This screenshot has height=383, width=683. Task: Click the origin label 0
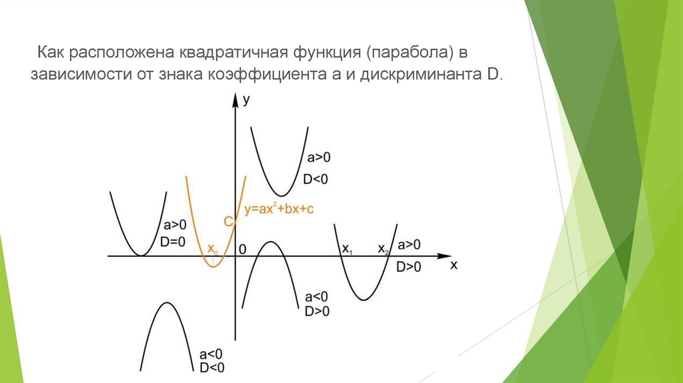[x=243, y=249]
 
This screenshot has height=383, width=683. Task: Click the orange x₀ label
[x=211, y=249]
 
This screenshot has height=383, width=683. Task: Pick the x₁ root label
[x=347, y=249]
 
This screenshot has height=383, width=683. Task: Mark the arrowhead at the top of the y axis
[x=235, y=100]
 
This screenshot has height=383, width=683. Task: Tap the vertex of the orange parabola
[x=213, y=266]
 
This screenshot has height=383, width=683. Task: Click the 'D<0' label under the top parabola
[x=316, y=179]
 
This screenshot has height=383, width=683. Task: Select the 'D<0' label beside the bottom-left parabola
[x=211, y=367]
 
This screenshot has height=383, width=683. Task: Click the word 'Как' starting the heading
[x=50, y=51]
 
